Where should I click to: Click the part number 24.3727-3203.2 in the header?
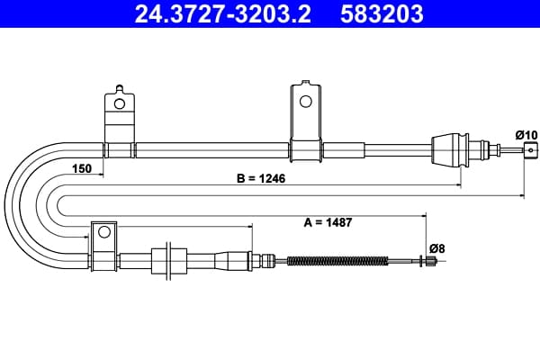click(x=222, y=13)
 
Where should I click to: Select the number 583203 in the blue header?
click(x=382, y=13)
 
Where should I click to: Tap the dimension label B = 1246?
click(x=261, y=178)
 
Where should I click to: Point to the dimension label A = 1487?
click(x=328, y=222)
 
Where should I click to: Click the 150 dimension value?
click(x=82, y=168)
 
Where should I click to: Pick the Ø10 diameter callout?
click(x=526, y=135)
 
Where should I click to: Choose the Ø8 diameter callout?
click(x=437, y=248)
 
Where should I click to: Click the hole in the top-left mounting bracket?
click(x=119, y=103)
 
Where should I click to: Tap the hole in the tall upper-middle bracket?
click(x=306, y=102)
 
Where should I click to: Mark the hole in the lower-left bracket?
click(x=104, y=232)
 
